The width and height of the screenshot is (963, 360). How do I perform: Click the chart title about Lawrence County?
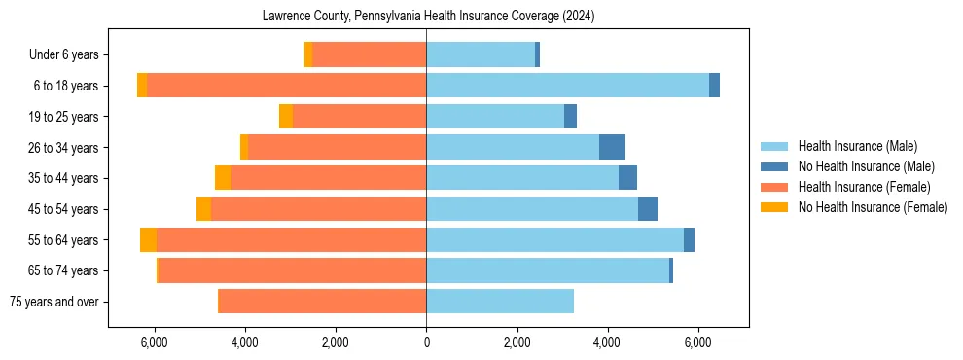(429, 17)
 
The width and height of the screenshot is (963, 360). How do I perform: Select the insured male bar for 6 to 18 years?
(567, 86)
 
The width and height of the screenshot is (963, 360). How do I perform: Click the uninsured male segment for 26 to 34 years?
(612, 147)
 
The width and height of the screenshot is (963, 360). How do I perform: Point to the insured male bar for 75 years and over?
(500, 302)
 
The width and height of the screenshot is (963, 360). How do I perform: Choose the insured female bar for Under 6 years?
(370, 54)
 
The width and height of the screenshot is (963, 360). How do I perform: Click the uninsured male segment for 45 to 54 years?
(648, 209)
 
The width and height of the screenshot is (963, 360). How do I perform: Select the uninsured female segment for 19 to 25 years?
(286, 117)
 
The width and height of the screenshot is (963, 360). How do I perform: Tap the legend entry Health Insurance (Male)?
(857, 146)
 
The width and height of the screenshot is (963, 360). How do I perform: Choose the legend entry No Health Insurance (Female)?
(873, 207)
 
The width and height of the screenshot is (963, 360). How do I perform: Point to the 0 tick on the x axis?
(426, 342)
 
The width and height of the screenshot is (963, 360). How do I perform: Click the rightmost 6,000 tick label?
(698, 342)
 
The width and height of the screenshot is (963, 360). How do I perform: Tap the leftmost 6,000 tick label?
(154, 342)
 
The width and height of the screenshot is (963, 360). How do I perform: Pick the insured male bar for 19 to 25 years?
(495, 117)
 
